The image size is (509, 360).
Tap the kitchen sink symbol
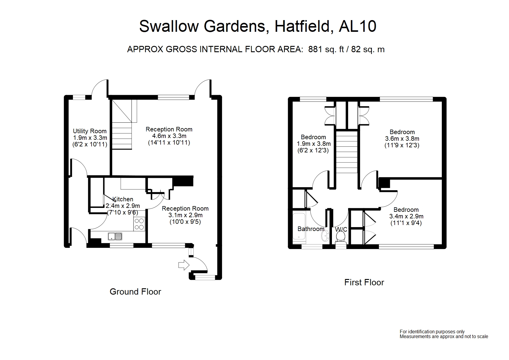[x=115, y=236]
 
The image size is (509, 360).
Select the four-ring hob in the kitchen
[x=139, y=224]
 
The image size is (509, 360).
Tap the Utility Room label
[x=90, y=131]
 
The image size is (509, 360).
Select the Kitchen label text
[x=123, y=199]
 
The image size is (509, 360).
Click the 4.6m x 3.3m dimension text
[x=169, y=136]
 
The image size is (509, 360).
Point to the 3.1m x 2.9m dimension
[x=185, y=215]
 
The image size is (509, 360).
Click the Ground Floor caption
[x=135, y=292]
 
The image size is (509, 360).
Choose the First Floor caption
[x=364, y=282]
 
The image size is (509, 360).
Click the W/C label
[x=341, y=229]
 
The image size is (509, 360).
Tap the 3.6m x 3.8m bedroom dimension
[x=402, y=139]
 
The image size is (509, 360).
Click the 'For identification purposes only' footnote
[x=432, y=331]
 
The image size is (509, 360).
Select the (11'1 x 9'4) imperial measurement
[x=406, y=223]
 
